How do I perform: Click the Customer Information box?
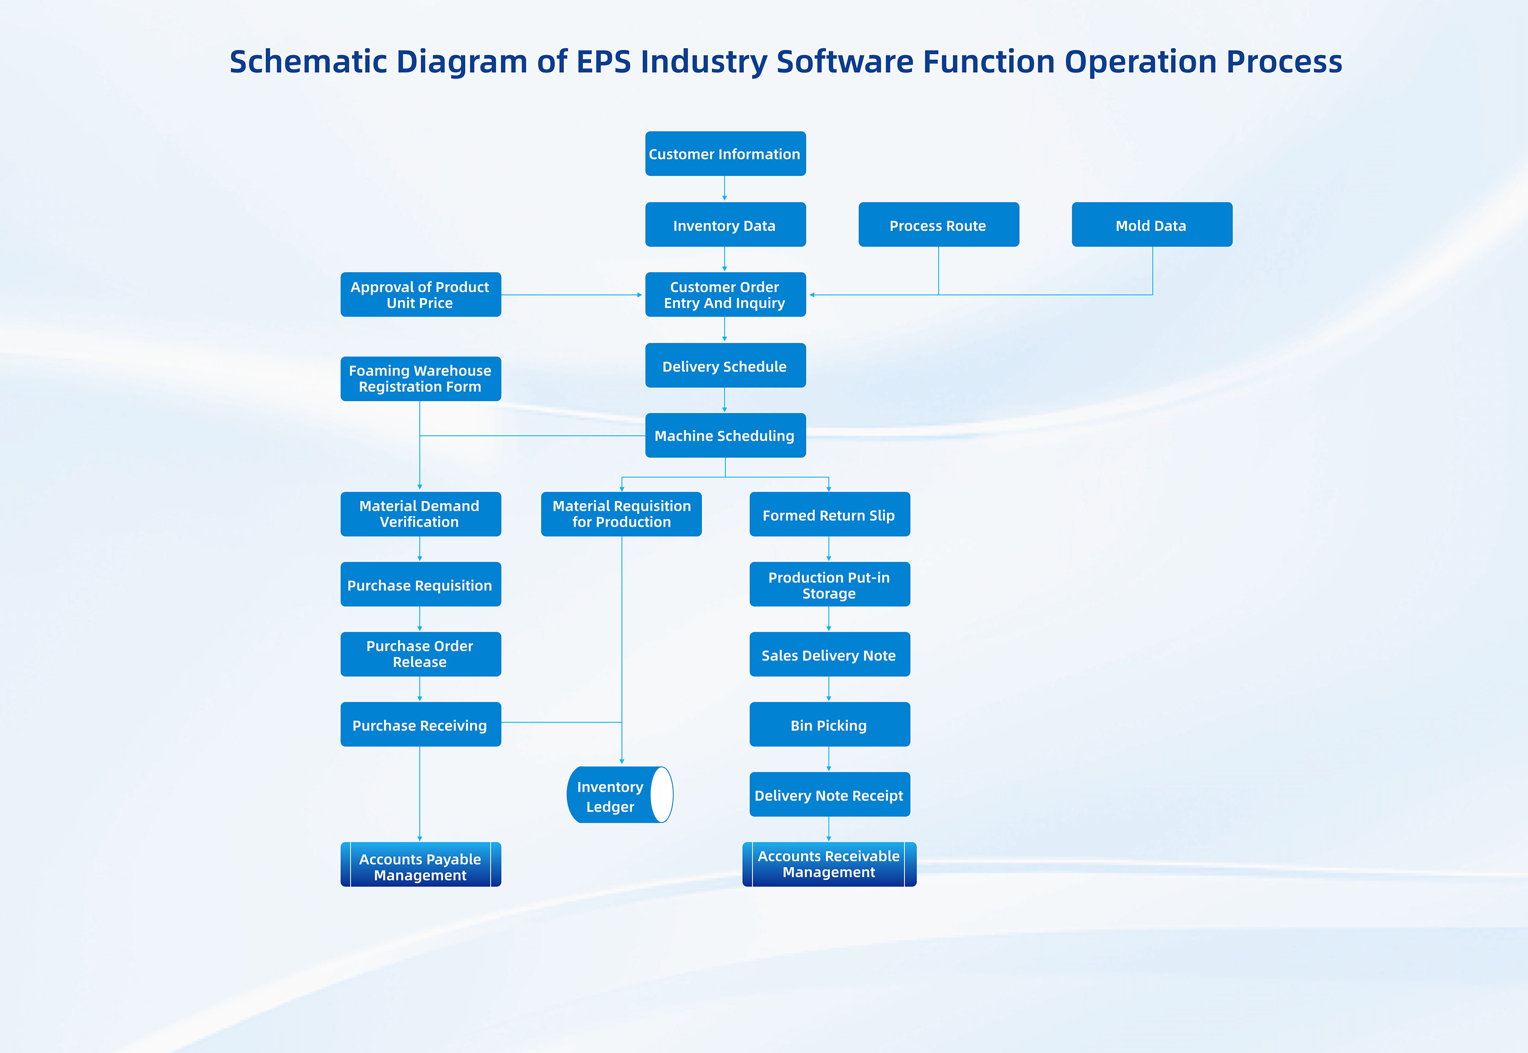pyautogui.click(x=725, y=154)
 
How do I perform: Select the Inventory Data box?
pyautogui.click(x=725, y=225)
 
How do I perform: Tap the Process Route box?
pyautogui.click(x=938, y=225)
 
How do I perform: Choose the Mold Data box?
pyautogui.click(x=1151, y=225)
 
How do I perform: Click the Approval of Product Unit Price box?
pyautogui.click(x=420, y=295)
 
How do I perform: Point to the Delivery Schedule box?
pyautogui.click(x=725, y=365)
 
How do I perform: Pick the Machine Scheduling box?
pyautogui.click(x=725, y=436)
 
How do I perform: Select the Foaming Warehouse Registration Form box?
pyautogui.click(x=420, y=379)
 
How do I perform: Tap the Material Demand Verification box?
pyautogui.click(x=420, y=514)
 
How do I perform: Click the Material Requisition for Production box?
pyautogui.click(x=621, y=514)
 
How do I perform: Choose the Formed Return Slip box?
pyautogui.click(x=829, y=515)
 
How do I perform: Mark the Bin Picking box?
pyautogui.click(x=829, y=725)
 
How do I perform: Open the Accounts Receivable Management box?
pyautogui.click(x=829, y=864)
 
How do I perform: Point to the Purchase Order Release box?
pyautogui.click(x=420, y=654)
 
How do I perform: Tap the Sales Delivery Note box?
pyautogui.click(x=829, y=655)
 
